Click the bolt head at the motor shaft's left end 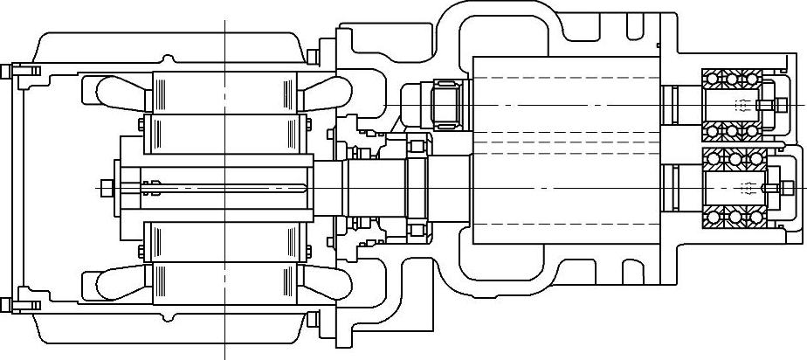pos(107,187)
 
